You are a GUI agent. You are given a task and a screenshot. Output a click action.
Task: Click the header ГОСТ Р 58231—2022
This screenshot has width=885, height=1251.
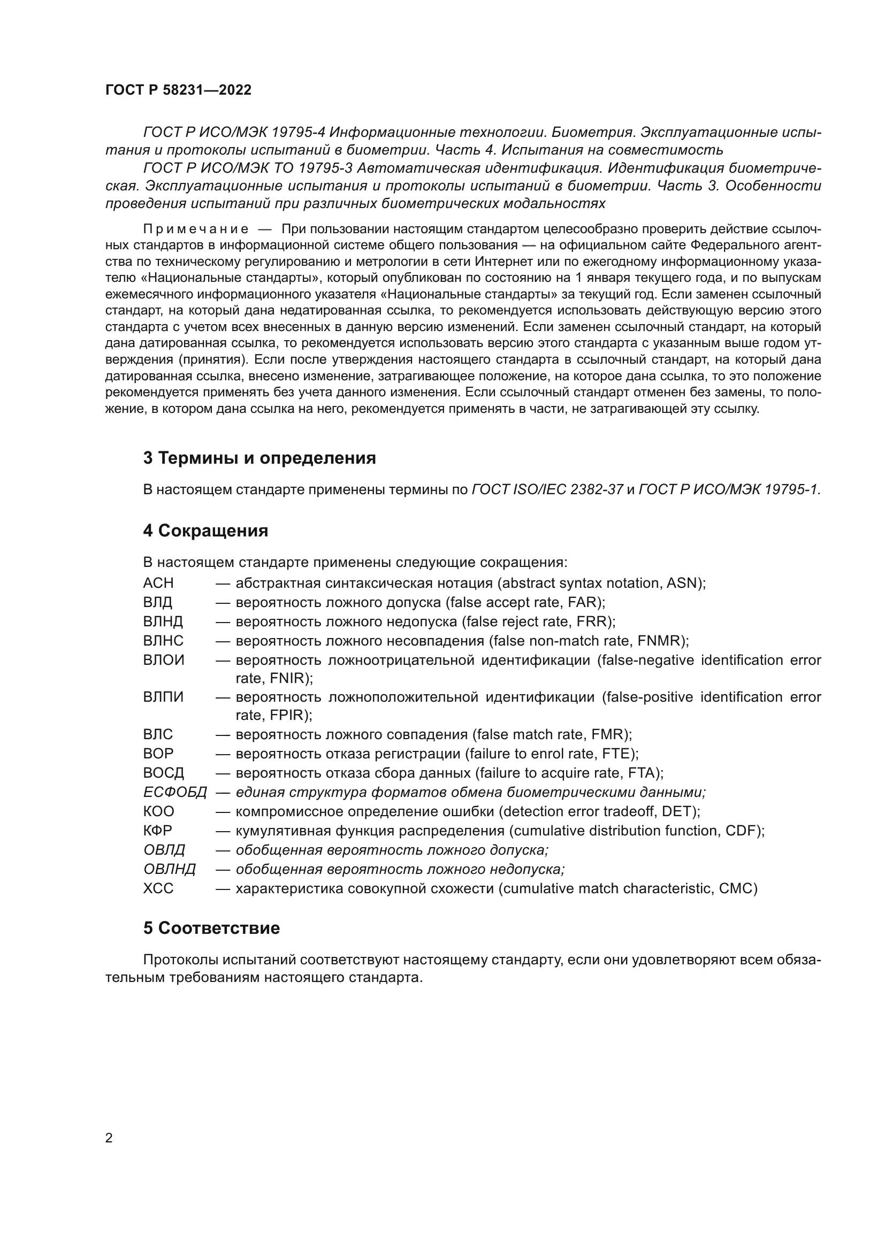click(178, 90)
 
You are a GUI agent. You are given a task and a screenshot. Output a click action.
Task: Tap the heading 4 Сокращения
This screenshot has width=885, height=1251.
click(205, 530)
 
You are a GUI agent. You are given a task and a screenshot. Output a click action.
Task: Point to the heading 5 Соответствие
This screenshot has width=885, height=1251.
click(211, 928)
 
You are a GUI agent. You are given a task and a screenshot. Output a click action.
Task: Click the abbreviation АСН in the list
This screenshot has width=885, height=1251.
click(158, 583)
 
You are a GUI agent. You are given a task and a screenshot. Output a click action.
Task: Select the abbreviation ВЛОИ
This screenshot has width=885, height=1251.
click(164, 660)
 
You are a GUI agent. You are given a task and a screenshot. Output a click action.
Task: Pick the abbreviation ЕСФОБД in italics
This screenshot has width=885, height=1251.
click(175, 792)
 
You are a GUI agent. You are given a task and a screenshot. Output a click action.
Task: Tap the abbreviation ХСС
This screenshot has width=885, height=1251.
click(158, 888)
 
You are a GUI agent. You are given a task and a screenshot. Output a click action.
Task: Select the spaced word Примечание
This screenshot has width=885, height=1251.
click(196, 229)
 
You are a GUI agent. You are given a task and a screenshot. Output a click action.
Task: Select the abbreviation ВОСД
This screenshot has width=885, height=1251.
click(164, 773)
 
